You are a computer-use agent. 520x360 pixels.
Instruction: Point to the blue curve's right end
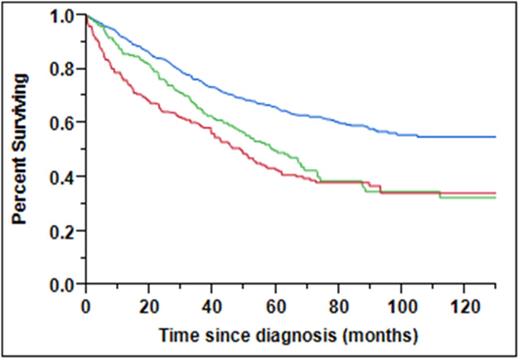coord(495,136)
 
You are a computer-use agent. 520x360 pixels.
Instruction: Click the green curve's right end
coord(495,198)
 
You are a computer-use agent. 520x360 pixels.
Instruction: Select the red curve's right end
coord(495,192)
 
